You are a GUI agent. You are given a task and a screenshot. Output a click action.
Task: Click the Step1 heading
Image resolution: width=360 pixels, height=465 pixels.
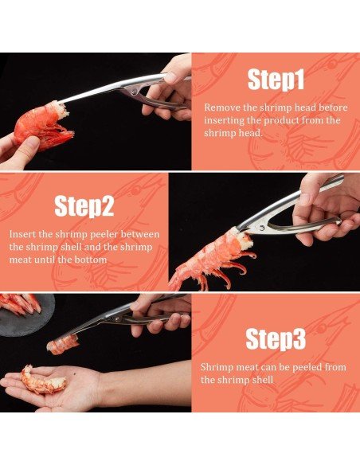(276, 80)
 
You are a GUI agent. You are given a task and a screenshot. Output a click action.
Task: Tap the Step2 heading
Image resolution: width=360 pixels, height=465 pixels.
(84, 206)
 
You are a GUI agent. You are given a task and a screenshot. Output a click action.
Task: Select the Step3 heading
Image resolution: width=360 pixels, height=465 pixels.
(276, 339)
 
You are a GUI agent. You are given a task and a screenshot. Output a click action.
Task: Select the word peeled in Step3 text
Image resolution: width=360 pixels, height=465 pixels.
(307, 368)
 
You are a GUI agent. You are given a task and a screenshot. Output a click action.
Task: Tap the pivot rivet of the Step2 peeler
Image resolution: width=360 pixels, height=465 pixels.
(262, 228)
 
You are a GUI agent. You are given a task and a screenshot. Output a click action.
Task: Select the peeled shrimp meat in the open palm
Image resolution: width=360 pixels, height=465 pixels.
(42, 381)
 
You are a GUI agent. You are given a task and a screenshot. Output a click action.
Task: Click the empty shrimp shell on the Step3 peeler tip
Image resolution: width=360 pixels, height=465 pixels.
(63, 345)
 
